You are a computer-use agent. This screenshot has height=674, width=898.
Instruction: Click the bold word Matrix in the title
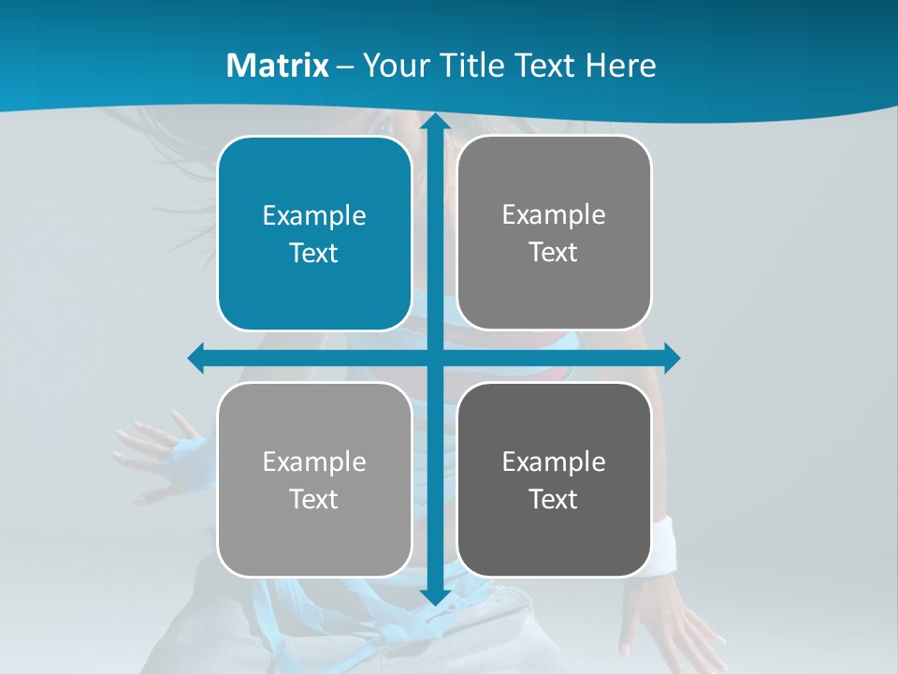click(278, 66)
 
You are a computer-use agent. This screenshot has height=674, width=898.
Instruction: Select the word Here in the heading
click(620, 66)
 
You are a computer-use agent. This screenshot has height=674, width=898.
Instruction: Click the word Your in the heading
click(396, 66)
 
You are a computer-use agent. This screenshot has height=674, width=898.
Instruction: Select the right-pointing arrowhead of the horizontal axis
click(671, 358)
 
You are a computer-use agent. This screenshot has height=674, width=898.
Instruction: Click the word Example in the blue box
click(314, 216)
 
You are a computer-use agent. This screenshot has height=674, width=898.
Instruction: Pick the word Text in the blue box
click(314, 253)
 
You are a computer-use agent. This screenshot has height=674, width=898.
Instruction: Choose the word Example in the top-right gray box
click(554, 215)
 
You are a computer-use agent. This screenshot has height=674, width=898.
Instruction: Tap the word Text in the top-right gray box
click(554, 252)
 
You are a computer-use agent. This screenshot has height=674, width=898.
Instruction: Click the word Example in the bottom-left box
click(314, 462)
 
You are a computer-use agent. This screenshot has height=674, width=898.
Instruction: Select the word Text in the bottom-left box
click(314, 499)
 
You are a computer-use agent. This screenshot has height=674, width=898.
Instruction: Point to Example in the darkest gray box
click(554, 462)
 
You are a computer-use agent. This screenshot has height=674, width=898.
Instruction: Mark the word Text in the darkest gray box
click(554, 499)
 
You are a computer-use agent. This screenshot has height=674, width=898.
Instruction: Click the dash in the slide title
click(345, 66)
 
